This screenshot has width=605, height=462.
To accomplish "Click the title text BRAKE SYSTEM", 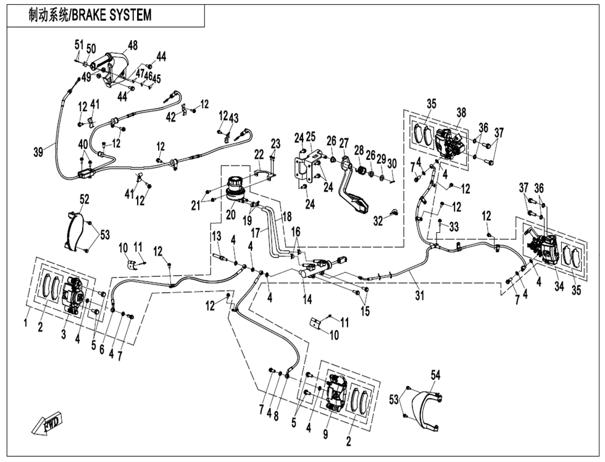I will (112, 15).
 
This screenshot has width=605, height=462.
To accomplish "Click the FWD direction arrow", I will (48, 425).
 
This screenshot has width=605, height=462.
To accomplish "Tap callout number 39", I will (38, 152).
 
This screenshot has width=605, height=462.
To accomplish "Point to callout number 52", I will (84, 198).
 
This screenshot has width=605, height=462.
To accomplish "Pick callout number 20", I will (230, 214).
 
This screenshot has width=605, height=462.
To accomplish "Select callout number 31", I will (420, 296).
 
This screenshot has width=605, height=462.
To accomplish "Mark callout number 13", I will (216, 236).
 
